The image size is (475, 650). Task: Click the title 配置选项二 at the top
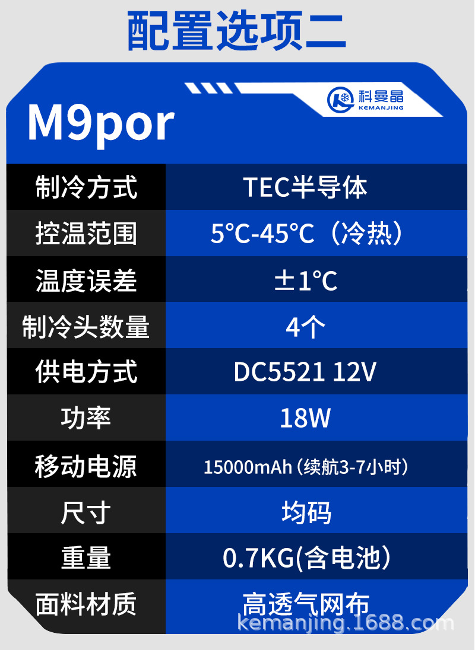click(x=237, y=31)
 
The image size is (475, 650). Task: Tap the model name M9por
click(x=101, y=123)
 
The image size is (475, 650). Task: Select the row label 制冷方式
click(x=86, y=187)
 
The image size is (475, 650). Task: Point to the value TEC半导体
click(x=305, y=187)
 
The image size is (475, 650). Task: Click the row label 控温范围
click(x=86, y=234)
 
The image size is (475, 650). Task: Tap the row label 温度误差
click(x=86, y=280)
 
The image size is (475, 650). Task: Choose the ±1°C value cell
click(x=306, y=280)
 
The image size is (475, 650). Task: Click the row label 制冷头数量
click(x=86, y=326)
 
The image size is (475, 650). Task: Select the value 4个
click(x=306, y=326)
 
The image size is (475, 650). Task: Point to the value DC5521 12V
click(x=305, y=372)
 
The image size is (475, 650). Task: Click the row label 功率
click(x=86, y=419)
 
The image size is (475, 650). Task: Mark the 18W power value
click(x=305, y=419)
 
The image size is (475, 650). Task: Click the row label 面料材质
click(x=86, y=604)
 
